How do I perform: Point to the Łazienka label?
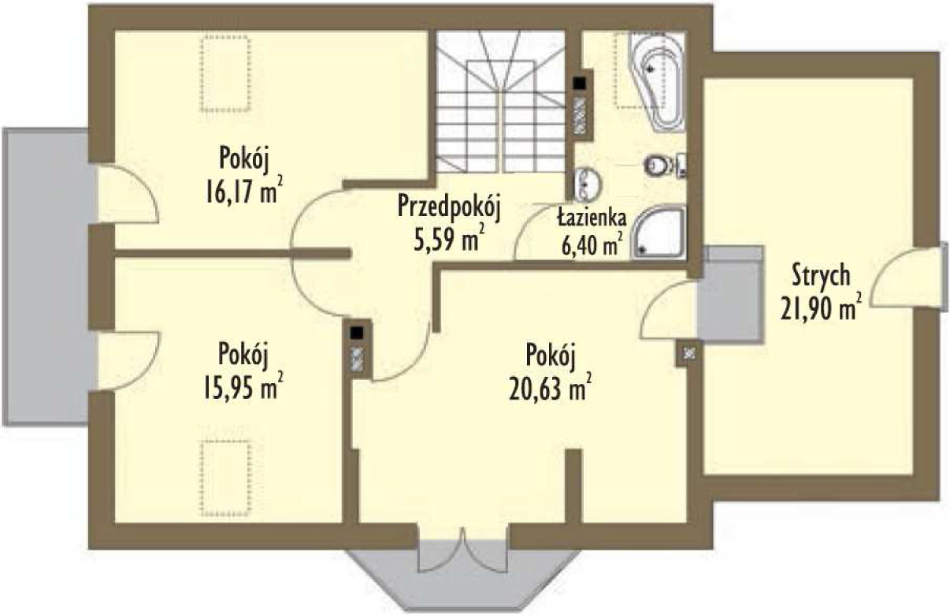tap(592, 218)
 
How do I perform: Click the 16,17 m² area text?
tap(244, 191)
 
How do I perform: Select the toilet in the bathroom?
tap(665, 166)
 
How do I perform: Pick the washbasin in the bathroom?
tap(588, 184)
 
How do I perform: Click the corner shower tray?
tap(658, 232)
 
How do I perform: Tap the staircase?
tap(502, 102)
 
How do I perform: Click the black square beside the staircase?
tap(579, 84)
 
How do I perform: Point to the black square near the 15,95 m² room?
tap(357, 333)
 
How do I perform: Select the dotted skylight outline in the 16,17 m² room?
tap(226, 74)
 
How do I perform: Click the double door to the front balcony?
tap(462, 550)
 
